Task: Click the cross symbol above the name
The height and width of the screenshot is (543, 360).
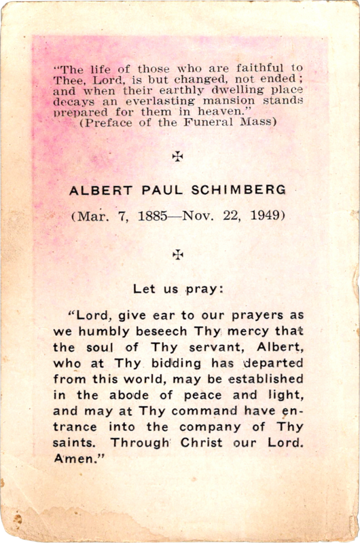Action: (x=178, y=157)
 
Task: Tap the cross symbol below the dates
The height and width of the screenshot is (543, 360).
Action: (x=178, y=255)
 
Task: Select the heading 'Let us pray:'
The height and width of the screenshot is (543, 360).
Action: (x=179, y=288)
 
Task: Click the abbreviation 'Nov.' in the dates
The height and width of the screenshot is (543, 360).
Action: (x=205, y=217)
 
